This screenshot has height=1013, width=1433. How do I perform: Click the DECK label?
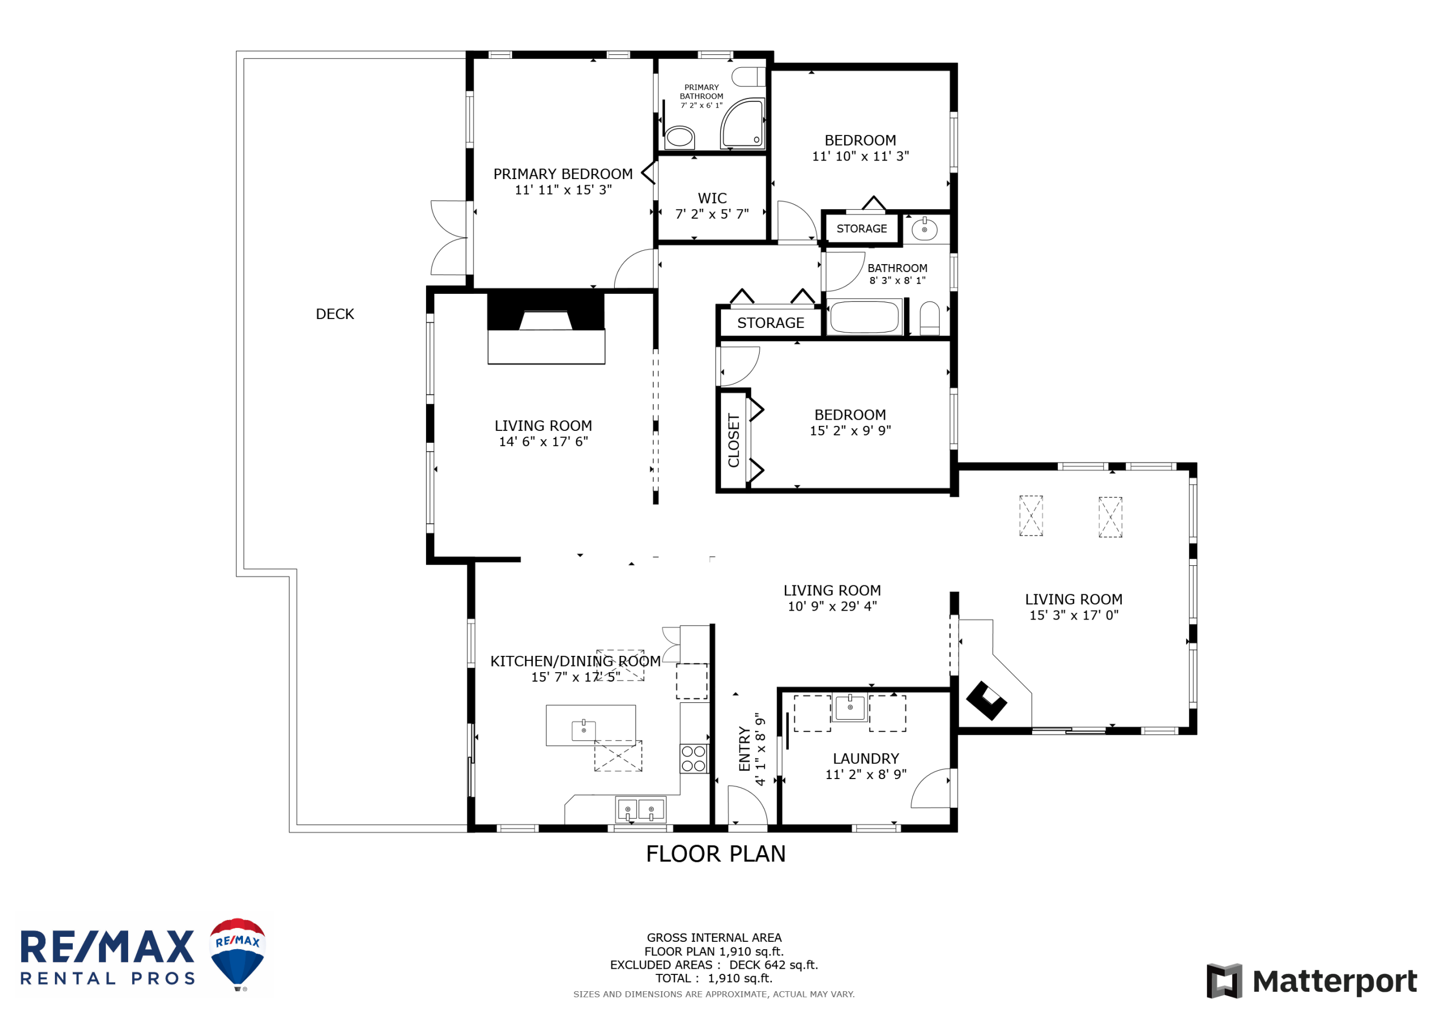click(335, 314)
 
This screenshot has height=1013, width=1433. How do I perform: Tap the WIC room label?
click(712, 199)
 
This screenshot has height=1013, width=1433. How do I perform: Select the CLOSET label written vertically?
click(733, 440)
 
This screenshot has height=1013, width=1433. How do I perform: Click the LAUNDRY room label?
click(865, 758)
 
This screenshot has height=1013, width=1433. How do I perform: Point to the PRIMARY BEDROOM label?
click(563, 174)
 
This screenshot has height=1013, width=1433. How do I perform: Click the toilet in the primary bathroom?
click(679, 137)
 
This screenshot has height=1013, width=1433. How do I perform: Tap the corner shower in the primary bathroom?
click(743, 123)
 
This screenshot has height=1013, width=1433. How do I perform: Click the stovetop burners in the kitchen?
click(694, 759)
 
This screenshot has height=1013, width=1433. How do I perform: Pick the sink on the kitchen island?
click(584, 730)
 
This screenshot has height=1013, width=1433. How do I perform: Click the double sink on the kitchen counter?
click(640, 809)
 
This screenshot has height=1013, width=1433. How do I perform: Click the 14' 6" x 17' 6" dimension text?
click(543, 442)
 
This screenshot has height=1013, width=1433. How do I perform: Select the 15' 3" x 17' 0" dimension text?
click(1074, 616)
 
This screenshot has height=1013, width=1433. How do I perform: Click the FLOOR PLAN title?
click(715, 854)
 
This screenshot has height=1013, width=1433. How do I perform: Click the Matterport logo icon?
click(1224, 981)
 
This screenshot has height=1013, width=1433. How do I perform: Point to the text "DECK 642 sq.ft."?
click(773, 965)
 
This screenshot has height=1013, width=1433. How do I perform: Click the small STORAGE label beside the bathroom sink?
click(861, 229)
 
